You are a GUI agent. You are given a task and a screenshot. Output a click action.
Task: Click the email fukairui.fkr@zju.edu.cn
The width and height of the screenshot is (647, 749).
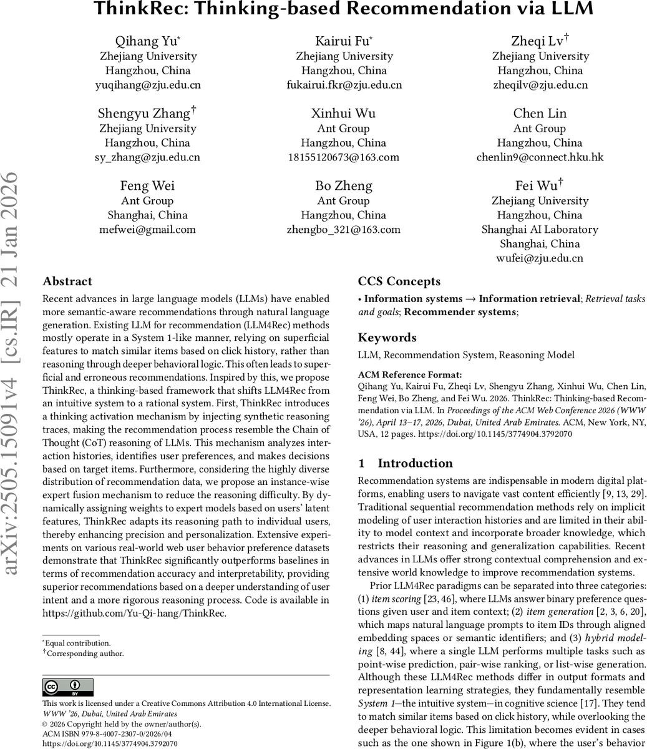[344, 85]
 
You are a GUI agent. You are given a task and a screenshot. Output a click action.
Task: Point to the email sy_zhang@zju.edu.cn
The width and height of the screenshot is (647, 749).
[148, 157]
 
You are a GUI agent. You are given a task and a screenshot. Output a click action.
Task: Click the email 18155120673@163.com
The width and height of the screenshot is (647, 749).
[344, 157]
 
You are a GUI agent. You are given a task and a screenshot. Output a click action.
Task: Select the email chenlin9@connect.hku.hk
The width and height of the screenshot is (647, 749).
[540, 157]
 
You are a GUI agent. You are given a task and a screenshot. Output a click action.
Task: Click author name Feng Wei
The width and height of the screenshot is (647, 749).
[148, 186]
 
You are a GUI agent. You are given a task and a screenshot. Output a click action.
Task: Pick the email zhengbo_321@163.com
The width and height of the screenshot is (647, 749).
[344, 230]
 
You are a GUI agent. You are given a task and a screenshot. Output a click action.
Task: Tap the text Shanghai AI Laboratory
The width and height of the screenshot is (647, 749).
[540, 230]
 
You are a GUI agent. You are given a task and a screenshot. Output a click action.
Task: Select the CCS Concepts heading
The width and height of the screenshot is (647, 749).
[399, 281]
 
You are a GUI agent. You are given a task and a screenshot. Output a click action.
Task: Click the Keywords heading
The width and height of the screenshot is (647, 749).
[387, 338]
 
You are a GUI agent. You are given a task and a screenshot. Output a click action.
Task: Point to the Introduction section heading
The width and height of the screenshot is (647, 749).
[415, 463]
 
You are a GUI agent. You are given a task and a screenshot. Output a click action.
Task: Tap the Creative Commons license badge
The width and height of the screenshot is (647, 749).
[67, 687]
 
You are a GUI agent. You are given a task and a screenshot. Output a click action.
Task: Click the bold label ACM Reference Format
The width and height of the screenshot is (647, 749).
[410, 374]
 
